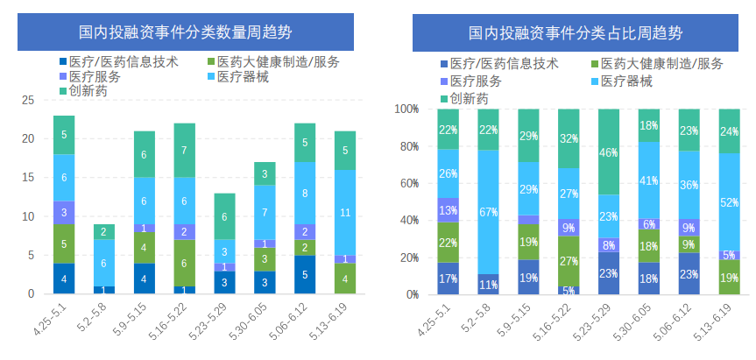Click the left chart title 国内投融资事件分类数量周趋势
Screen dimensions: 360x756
pos(185,33)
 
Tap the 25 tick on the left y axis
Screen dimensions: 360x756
pos(28,101)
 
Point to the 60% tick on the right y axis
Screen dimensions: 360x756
pos(410,183)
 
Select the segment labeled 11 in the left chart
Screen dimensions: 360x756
pos(345,212)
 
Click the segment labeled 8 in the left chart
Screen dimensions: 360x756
pos(304,193)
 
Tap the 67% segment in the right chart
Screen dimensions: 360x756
pos(489,212)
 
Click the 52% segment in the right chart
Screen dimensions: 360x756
pos(728,202)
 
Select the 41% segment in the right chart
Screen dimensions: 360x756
pos(648,180)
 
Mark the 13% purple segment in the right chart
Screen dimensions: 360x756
pos(449,210)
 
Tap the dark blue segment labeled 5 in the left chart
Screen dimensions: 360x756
pos(304,274)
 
